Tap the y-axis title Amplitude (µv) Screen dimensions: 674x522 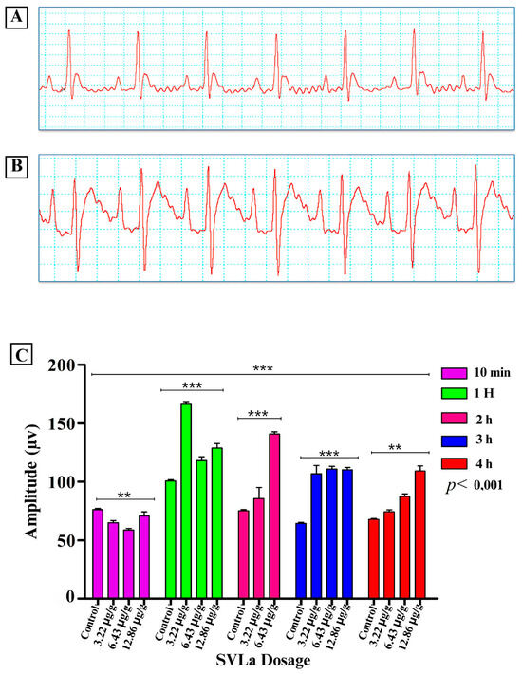(x=33, y=481)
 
